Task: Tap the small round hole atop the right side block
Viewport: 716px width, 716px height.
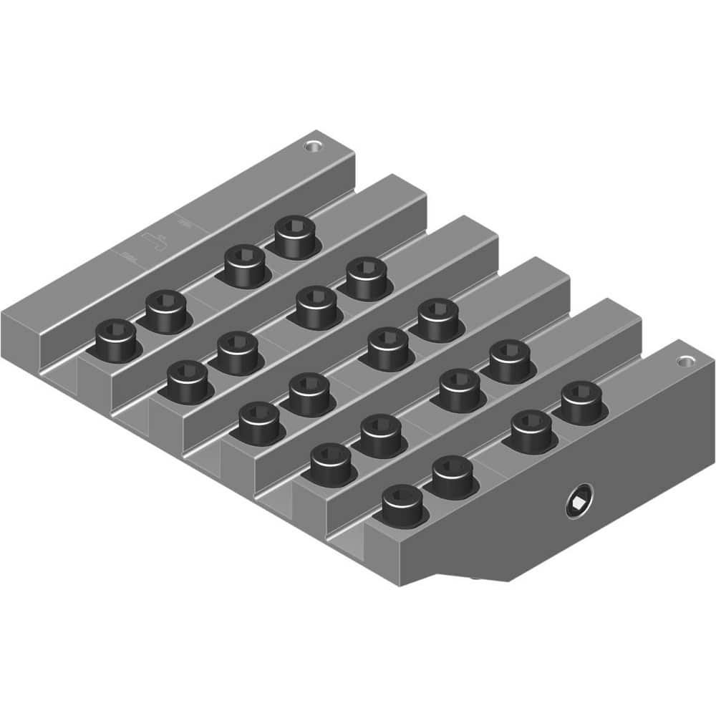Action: (688, 361)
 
